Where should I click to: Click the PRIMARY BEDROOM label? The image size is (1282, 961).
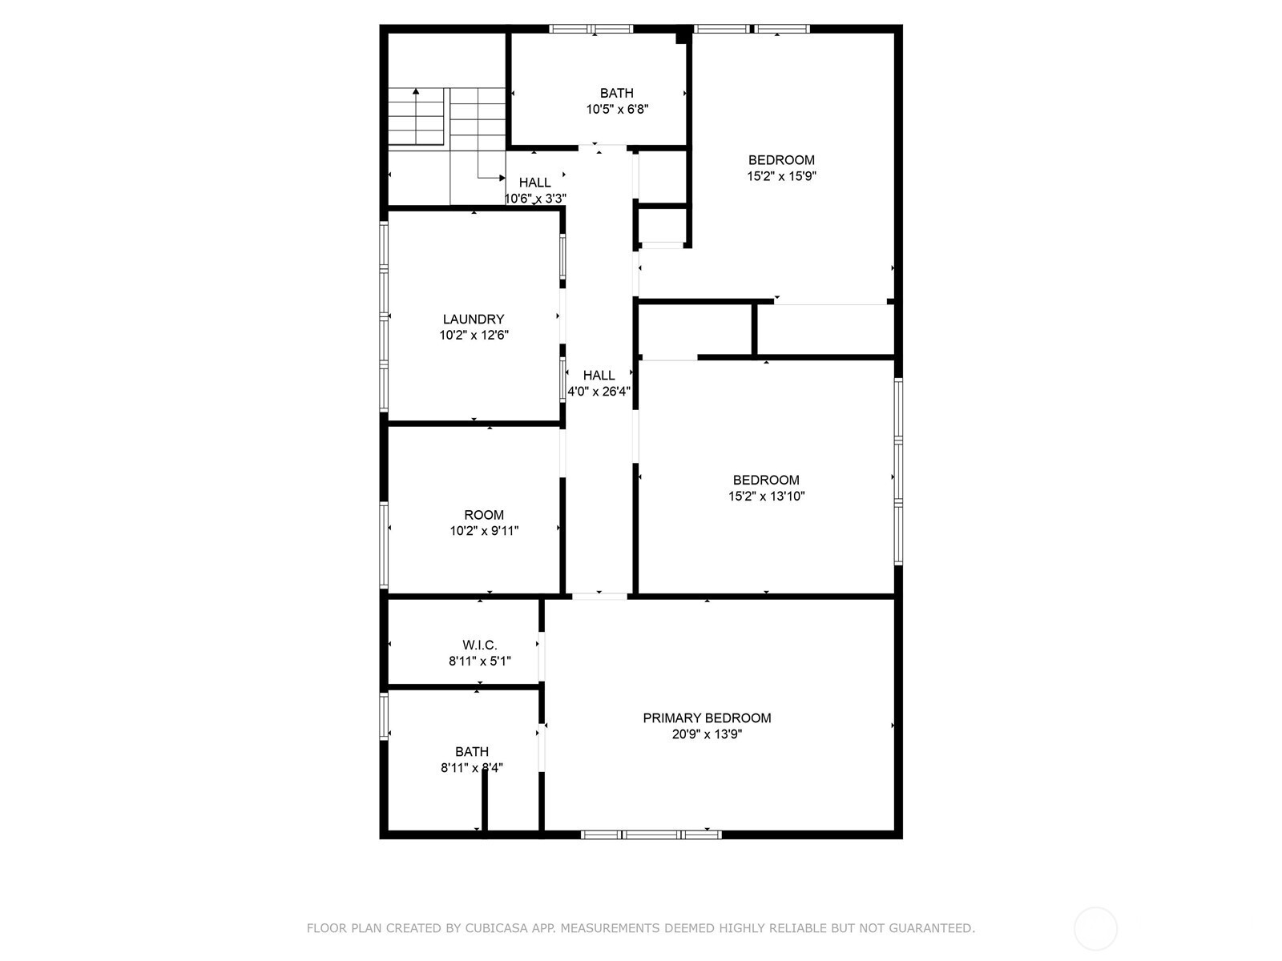707,718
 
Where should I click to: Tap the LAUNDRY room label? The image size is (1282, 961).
473,320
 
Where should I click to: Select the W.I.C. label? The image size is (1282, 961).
479,645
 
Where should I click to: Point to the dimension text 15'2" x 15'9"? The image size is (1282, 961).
781,175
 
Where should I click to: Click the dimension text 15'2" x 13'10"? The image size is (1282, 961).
766,496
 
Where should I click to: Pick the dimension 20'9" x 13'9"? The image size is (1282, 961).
707,734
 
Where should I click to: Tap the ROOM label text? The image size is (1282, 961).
484,515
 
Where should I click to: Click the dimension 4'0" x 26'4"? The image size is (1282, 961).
599,391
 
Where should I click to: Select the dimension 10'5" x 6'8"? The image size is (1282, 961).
617,109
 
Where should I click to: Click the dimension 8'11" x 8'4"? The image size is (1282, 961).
472,768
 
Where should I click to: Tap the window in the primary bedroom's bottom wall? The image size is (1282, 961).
651,834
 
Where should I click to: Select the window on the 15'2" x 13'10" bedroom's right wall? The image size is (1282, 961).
899,472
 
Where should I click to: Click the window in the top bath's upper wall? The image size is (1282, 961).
591,29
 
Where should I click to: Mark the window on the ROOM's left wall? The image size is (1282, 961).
384,545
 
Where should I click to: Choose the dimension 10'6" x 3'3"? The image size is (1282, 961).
535,199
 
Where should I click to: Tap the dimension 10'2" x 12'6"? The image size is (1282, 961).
474,335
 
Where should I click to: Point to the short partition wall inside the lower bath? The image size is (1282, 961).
484,800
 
